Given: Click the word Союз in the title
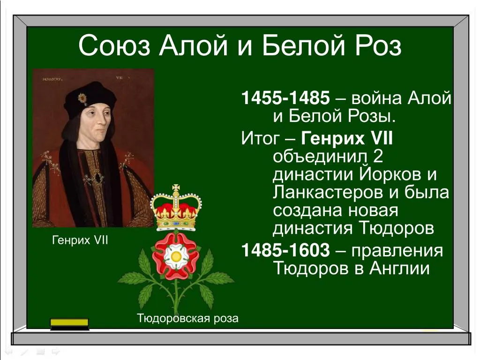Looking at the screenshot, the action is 114,46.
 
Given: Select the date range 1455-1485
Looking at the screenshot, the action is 285,98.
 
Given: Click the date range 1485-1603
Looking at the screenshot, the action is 285,250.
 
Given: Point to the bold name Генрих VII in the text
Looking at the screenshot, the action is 347,138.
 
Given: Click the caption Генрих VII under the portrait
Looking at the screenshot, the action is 80,240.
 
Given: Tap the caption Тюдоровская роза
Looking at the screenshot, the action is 187,318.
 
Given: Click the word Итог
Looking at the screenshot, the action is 260,138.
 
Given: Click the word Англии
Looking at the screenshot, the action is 399,269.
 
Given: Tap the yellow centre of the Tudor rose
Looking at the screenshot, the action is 176,256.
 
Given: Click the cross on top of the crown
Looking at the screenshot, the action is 176,188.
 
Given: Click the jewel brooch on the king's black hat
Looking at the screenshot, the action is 82,98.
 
